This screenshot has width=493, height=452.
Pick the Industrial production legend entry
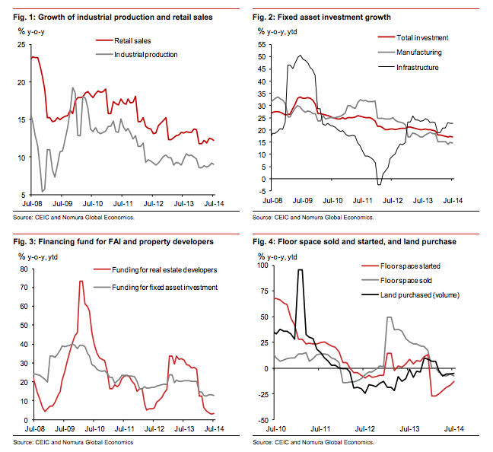[145, 55]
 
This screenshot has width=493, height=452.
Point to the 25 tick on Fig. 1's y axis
[21, 44]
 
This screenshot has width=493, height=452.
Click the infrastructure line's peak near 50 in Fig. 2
[300, 56]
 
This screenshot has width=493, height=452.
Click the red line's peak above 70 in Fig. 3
[81, 281]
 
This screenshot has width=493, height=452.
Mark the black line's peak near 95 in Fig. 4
[300, 270]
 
